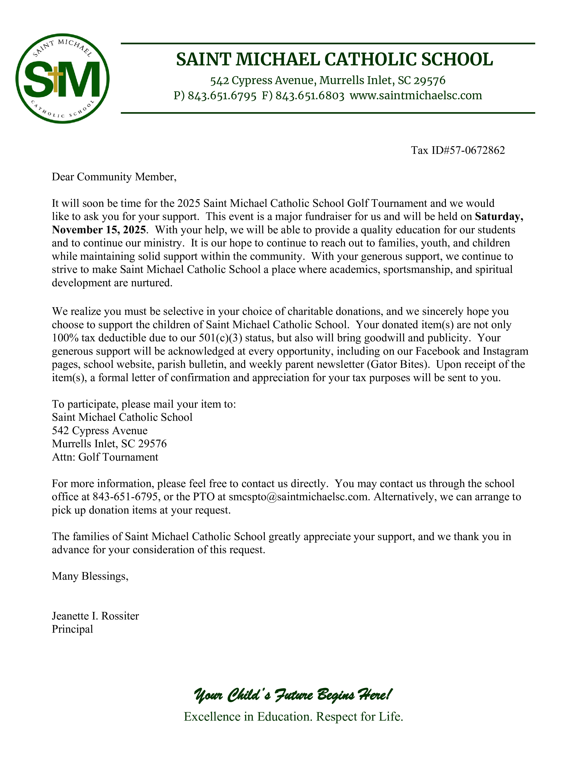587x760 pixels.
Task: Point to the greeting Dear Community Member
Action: (114, 177)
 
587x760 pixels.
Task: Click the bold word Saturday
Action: (499, 216)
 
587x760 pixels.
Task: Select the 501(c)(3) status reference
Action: (221, 338)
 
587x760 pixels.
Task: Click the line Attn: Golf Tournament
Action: (105, 457)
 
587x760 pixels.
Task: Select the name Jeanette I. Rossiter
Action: (95, 616)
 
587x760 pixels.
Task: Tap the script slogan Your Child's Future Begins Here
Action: (293, 695)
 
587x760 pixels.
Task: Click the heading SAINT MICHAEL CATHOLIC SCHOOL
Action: (334, 59)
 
